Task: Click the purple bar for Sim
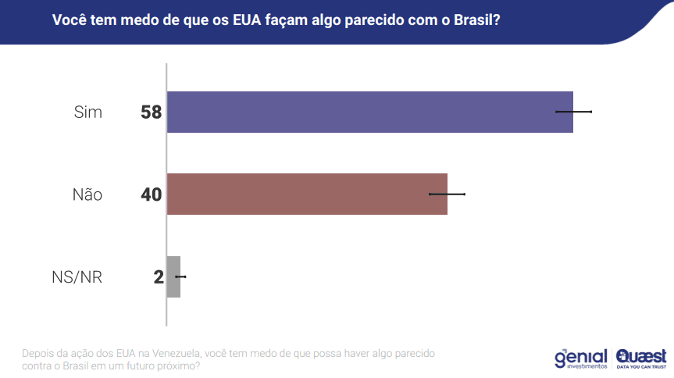tap(367, 112)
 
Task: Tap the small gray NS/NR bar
tap(173, 276)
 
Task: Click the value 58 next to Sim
tap(151, 112)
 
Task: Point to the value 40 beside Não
tap(151, 194)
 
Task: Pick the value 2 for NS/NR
tap(159, 276)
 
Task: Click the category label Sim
tap(87, 112)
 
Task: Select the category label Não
tap(87, 194)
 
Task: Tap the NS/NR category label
tap(77, 276)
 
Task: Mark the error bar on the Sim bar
tap(574, 112)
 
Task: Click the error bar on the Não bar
tap(448, 194)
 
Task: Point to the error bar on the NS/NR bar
tap(181, 276)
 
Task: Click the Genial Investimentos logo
tap(580, 357)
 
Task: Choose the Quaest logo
tap(640, 357)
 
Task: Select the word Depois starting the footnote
tap(38, 352)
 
